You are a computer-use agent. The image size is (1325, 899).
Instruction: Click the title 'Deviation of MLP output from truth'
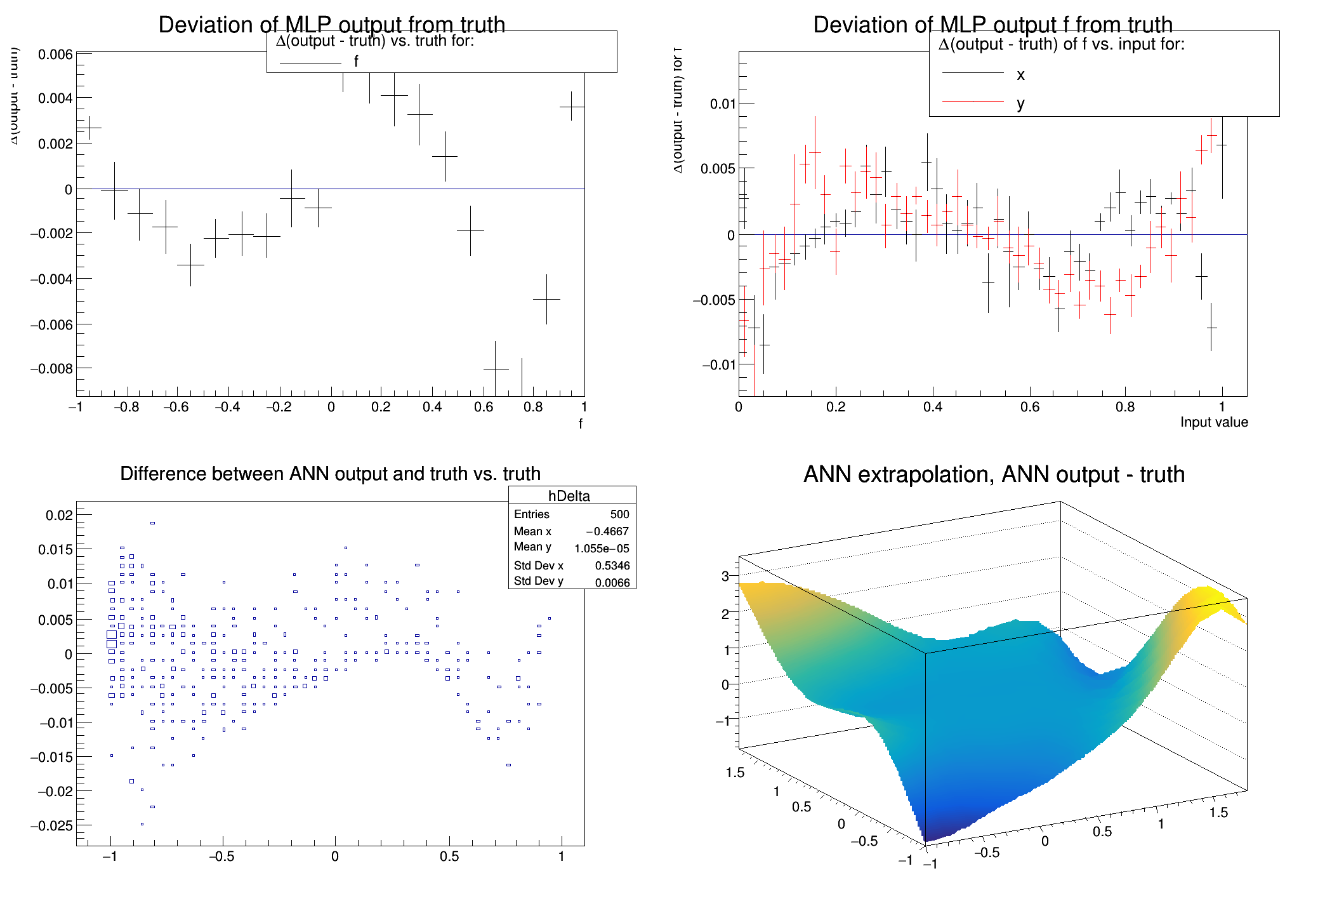(331, 24)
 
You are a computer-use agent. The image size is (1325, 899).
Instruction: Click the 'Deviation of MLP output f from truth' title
(992, 24)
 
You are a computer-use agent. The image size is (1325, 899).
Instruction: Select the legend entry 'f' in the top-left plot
(355, 62)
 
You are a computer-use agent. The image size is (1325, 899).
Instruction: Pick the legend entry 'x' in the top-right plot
(1020, 75)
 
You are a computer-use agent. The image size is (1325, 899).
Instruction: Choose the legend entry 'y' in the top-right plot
(1020, 103)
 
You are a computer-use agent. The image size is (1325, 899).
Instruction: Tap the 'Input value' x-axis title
(1213, 422)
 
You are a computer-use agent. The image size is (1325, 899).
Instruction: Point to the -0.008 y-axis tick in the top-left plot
(52, 368)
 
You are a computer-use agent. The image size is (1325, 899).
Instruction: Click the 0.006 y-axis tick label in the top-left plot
(56, 55)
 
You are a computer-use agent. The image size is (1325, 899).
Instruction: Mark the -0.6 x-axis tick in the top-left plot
(176, 407)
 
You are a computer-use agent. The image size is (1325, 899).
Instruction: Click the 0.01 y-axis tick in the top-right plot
(723, 103)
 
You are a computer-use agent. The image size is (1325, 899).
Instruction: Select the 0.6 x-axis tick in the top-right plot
(1030, 407)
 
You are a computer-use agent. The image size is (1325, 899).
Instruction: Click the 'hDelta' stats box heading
(569, 496)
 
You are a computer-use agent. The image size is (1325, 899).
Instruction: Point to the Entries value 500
(619, 514)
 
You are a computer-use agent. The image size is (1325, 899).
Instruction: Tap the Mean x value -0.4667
(607, 531)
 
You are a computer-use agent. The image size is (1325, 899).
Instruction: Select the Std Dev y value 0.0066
(612, 582)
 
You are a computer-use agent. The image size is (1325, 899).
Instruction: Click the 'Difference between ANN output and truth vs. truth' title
(330, 474)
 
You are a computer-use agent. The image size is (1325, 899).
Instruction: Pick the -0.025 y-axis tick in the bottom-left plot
(52, 825)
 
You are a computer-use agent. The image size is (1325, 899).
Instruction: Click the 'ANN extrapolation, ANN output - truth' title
(994, 474)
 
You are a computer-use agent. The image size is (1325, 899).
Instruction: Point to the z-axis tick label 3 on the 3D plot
(725, 576)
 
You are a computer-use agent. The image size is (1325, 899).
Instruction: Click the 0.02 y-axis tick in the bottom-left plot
(59, 515)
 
